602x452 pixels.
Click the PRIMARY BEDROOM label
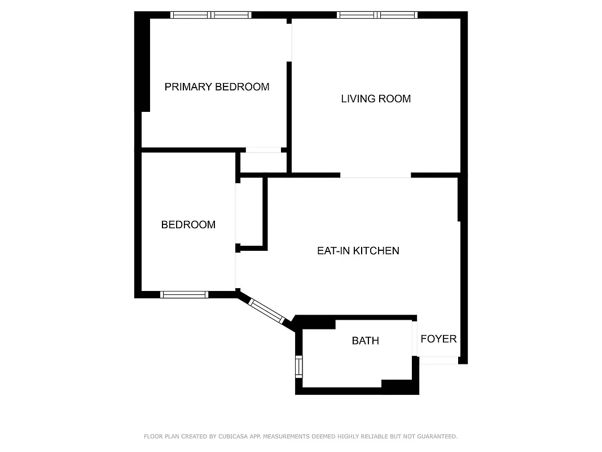[217, 86]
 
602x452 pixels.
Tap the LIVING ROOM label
[376, 99]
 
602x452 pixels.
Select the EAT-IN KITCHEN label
[358, 251]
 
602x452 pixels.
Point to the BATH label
[365, 341]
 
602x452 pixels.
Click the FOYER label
[438, 339]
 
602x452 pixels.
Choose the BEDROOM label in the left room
[188, 225]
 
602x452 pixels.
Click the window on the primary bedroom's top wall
[212, 15]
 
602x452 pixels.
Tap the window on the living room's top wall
[377, 15]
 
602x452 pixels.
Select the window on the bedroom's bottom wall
[184, 294]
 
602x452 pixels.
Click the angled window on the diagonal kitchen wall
[266, 310]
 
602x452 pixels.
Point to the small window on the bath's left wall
[299, 367]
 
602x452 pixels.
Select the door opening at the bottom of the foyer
[438, 360]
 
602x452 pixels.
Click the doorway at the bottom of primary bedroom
[263, 150]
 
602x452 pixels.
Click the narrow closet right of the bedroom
[251, 213]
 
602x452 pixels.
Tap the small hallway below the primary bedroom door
[263, 163]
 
